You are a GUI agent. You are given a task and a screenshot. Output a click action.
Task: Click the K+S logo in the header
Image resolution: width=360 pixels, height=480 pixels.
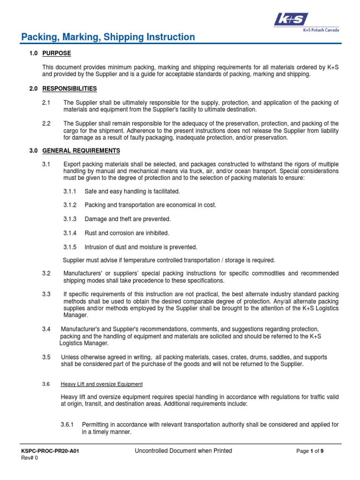(291, 19)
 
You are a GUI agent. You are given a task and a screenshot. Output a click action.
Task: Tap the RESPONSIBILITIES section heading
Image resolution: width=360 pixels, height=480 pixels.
(69, 88)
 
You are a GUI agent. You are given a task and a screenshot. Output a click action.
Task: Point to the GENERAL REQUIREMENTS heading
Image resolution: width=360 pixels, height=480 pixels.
(81, 150)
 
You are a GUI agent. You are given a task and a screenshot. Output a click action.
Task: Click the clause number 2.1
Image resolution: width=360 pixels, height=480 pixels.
(46, 102)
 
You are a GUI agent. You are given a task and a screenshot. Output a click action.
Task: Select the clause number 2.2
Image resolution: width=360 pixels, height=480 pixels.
(46, 123)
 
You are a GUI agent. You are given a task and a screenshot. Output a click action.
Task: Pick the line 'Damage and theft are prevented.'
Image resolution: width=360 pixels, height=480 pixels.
(127, 219)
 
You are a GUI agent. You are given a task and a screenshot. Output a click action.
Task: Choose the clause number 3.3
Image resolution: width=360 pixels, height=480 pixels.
(46, 294)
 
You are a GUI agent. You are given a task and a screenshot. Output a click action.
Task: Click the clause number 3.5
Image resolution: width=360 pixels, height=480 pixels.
(46, 357)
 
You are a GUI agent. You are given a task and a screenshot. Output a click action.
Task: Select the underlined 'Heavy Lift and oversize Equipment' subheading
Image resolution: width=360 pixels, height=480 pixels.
(102, 384)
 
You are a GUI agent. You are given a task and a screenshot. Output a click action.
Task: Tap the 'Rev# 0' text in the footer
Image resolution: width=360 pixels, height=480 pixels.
(30, 458)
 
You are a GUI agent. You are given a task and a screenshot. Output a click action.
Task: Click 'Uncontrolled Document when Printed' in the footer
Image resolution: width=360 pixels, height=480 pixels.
(183, 451)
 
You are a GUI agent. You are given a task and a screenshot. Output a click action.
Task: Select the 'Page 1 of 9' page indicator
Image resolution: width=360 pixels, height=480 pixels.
(310, 451)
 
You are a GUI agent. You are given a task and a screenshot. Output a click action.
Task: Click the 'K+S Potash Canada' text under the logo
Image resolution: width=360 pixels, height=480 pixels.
(321, 30)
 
